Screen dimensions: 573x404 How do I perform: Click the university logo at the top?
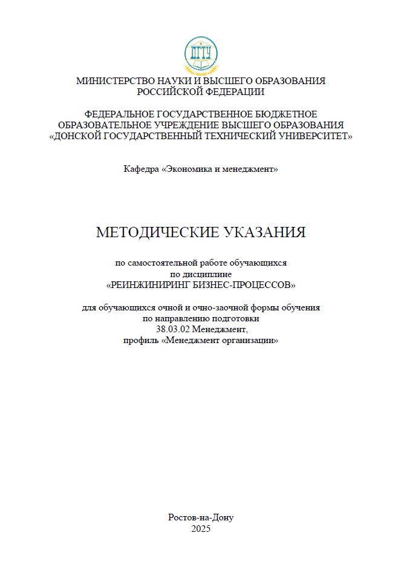coord(201,55)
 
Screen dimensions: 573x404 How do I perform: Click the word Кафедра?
coord(142,169)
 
